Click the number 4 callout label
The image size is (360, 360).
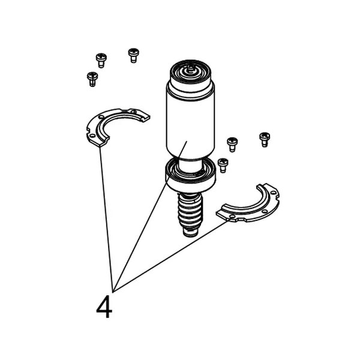click(104, 307)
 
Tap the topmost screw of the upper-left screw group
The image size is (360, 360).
click(133, 55)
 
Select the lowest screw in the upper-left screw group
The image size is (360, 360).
click(92, 79)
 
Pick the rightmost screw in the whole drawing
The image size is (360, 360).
click(265, 140)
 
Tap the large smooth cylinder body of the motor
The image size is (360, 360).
click(190, 122)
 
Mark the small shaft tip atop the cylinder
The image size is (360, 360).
click(190, 68)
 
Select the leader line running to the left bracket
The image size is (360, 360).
click(106, 220)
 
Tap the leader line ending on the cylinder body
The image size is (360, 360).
click(149, 217)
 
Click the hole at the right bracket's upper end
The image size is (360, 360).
click(274, 193)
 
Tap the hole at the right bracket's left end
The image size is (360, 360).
click(233, 217)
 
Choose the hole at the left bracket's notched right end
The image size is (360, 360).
click(134, 112)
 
